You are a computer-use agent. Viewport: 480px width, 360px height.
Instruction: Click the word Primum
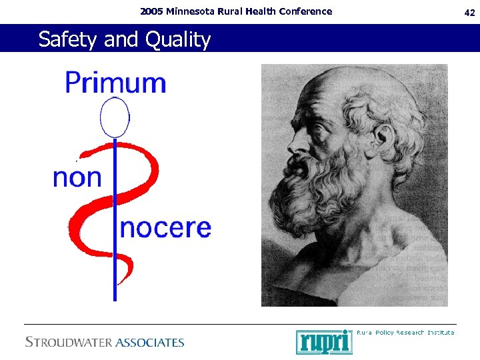(115, 83)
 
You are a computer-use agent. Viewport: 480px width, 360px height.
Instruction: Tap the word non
(77, 178)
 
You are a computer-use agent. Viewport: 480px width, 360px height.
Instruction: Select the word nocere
(165, 228)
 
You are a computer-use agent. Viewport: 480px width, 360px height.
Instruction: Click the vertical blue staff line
(115, 267)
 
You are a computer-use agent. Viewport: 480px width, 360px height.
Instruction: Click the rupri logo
(323, 342)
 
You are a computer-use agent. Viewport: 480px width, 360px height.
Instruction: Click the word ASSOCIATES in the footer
(149, 343)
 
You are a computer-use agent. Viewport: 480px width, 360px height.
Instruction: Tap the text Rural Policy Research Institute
(405, 332)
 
